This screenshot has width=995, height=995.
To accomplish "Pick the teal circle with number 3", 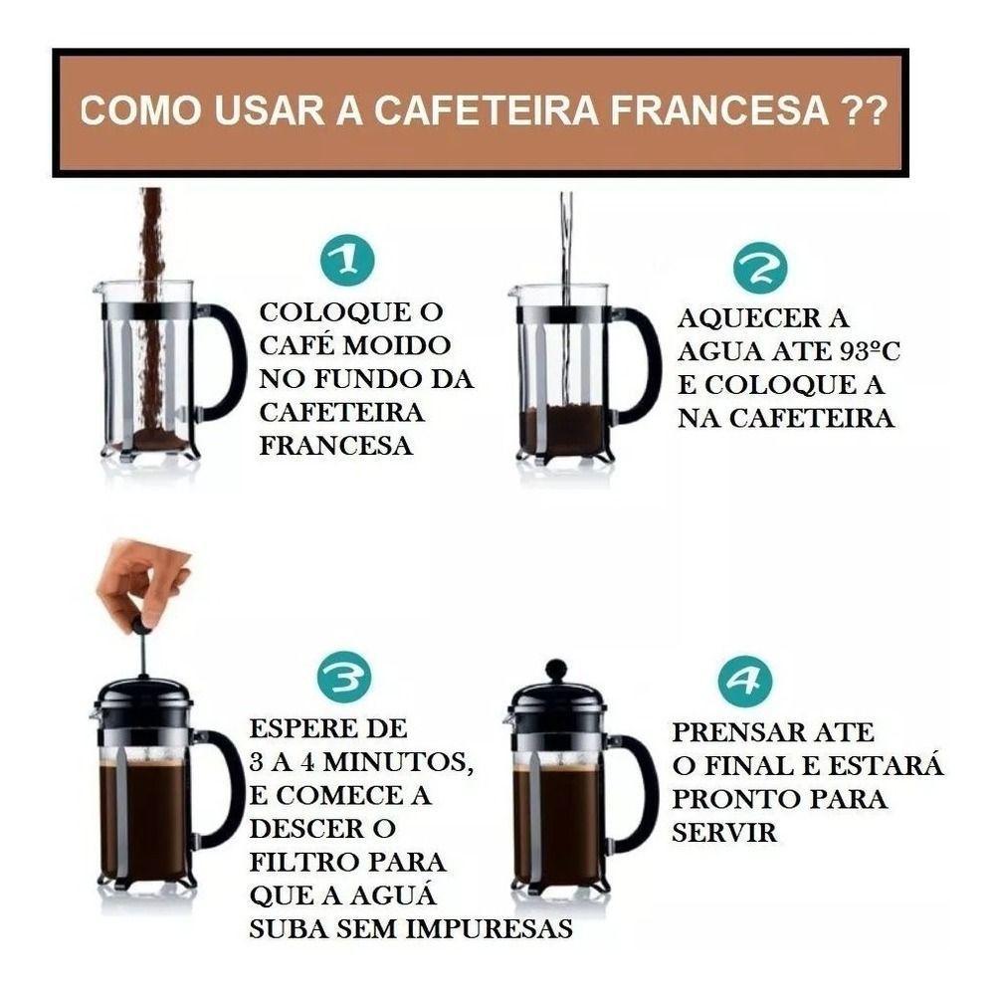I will point(344,678).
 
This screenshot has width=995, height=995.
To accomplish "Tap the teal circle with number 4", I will point(745,681).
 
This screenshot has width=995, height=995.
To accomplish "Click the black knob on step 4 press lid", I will point(556,670).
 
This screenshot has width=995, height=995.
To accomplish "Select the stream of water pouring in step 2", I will point(566,289).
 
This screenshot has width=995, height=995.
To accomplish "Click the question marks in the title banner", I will point(858,109).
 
